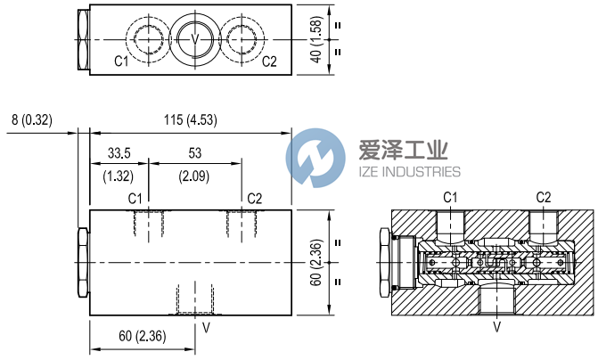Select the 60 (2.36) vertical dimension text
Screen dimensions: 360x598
[315, 262]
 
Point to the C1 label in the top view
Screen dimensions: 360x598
[121, 61]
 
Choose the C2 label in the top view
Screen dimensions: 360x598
[269, 61]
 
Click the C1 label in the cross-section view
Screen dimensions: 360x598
[451, 196]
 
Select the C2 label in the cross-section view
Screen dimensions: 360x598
[544, 196]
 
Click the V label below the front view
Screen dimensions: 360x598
[206, 327]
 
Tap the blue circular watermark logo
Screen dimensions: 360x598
[315, 158]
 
